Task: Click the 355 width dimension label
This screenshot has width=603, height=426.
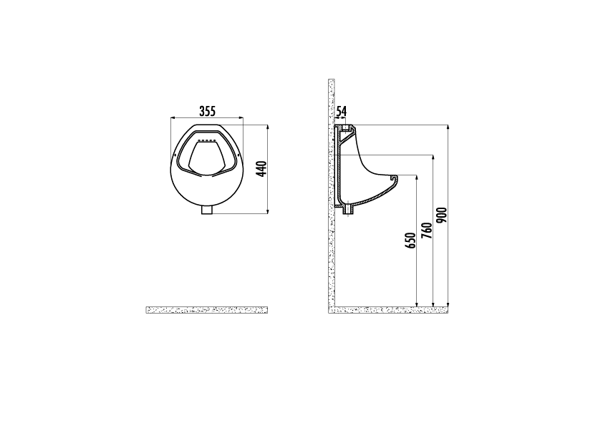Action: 207,111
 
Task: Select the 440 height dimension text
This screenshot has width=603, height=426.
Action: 261,169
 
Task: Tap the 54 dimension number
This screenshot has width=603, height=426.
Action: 342,112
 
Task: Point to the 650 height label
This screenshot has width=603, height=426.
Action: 411,241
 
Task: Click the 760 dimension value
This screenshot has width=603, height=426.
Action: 427,231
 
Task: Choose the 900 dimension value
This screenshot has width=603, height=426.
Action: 443,216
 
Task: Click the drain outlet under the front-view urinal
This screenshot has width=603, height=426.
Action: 208,210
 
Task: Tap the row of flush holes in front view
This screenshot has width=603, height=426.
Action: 206,140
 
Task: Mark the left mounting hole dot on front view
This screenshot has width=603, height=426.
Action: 175,155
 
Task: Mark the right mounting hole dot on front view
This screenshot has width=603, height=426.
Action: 238,155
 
